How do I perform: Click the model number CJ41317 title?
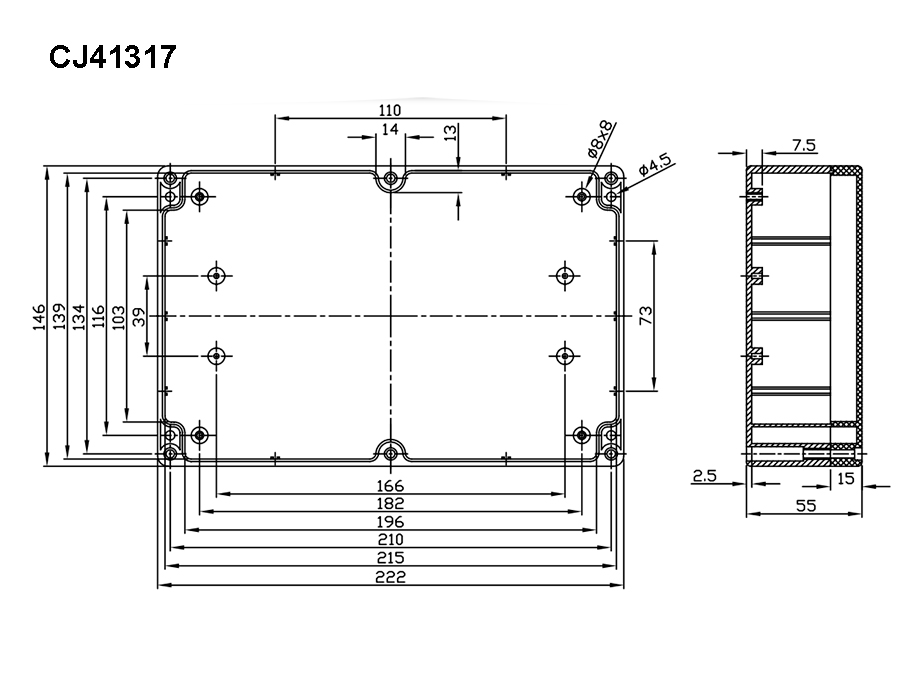(x=113, y=57)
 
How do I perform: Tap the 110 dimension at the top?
(x=390, y=110)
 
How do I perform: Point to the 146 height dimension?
(x=39, y=316)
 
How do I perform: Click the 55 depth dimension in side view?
(x=806, y=506)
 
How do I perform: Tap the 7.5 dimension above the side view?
(x=803, y=146)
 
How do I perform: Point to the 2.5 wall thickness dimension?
(x=704, y=477)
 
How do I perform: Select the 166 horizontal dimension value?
(x=390, y=486)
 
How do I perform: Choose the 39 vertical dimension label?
(x=139, y=316)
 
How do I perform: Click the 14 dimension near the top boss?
(x=390, y=130)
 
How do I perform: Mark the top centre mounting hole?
(x=390, y=180)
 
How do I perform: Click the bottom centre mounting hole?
(x=390, y=452)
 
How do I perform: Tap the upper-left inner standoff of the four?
(x=217, y=275)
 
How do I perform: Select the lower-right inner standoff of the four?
(x=565, y=355)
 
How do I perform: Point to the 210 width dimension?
(x=390, y=540)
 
